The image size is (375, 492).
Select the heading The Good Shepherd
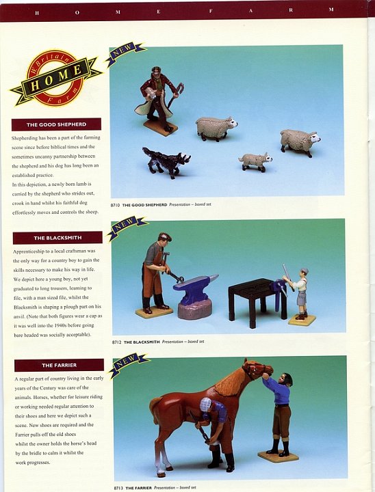tap(56, 124)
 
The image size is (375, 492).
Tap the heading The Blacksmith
tap(57, 238)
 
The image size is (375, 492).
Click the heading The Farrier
tap(59, 365)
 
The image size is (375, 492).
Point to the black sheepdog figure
tap(166, 161)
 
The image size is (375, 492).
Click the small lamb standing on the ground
tap(255, 161)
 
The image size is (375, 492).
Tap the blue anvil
tap(194, 289)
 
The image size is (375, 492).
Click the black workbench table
tap(256, 300)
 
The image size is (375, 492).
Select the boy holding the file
tap(300, 293)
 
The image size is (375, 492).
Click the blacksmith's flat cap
tap(165, 236)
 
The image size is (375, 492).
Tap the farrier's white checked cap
tap(205, 404)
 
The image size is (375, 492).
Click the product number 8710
tap(116, 205)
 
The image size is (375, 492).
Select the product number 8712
tap(116, 342)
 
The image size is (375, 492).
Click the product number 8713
tap(118, 488)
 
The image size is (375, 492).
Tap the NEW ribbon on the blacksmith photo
tap(127, 227)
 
